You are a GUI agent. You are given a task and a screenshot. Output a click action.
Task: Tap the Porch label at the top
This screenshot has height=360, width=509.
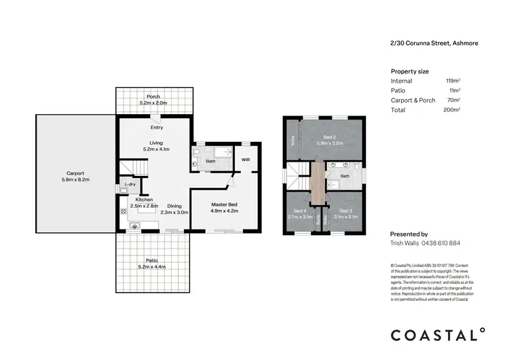pyautogui.click(x=153, y=96)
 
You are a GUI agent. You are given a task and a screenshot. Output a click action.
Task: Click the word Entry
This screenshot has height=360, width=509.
pyautogui.click(x=157, y=127)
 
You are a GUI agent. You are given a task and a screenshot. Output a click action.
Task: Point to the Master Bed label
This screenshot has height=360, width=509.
pyautogui.click(x=224, y=204)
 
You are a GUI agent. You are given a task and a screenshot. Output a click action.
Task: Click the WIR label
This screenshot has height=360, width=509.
pyautogui.click(x=246, y=160)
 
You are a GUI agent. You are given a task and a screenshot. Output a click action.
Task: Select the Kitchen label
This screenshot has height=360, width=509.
pyautogui.click(x=144, y=200)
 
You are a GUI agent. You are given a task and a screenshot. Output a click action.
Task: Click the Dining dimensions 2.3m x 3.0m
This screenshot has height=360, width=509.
pyautogui.click(x=174, y=212)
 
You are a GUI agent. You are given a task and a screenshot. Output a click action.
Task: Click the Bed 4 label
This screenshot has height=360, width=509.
pyautogui.click(x=298, y=211)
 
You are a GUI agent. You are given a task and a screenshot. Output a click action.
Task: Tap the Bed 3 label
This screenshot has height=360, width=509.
pyautogui.click(x=346, y=211)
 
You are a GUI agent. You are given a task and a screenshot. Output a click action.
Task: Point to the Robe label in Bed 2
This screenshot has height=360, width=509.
pyautogui.click(x=293, y=141)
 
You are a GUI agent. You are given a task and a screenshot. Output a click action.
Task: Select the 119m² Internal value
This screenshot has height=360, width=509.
pyautogui.click(x=453, y=81)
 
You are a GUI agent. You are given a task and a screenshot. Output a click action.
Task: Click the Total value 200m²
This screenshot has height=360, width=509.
pyautogui.click(x=452, y=109)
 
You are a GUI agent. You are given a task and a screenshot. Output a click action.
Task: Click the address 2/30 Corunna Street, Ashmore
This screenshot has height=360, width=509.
pyautogui.click(x=434, y=43)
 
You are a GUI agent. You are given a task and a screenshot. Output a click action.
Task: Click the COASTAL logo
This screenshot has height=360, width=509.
pyautogui.click(x=438, y=334)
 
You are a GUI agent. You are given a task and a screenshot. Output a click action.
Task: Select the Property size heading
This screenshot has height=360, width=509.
pyautogui.click(x=410, y=71)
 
